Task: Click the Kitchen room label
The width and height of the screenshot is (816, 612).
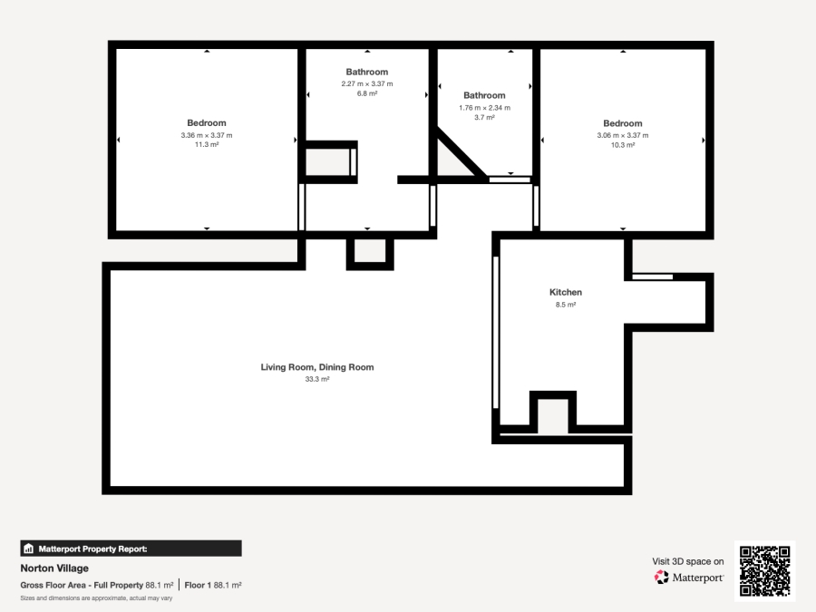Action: (565, 292)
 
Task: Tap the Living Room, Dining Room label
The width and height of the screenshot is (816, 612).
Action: (317, 367)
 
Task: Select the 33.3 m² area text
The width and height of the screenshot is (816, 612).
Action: (317, 380)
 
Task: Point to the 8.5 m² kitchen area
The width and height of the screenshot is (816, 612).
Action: (565, 306)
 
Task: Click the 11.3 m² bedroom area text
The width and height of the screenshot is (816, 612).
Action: (207, 145)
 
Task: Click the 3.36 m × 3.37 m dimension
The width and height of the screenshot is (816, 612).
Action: (207, 135)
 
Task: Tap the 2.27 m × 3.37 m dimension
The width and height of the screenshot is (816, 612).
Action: (366, 83)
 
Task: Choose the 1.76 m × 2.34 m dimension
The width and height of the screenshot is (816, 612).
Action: (484, 107)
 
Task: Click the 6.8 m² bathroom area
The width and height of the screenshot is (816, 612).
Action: (366, 93)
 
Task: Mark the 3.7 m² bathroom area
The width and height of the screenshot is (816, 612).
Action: (484, 117)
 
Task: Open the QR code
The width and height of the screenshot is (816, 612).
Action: (764, 571)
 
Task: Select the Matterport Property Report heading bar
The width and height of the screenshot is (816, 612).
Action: (131, 548)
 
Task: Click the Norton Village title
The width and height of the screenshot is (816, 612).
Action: (54, 568)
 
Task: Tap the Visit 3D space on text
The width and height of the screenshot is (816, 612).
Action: (688, 561)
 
